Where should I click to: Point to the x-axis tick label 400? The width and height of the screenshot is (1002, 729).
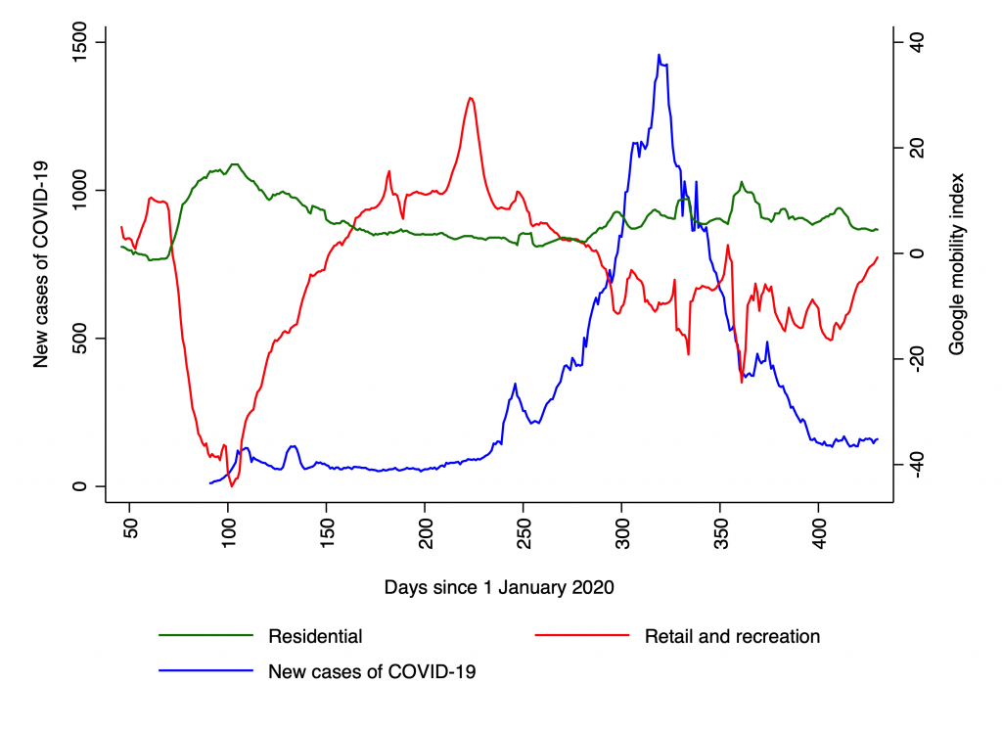coord(820,531)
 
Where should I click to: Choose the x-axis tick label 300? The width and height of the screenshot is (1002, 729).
coord(622,531)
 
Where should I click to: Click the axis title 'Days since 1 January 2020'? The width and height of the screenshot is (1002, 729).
coord(499,587)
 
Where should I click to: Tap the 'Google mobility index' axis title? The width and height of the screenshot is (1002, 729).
coord(958,264)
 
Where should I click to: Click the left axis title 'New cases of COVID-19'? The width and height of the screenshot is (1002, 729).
coord(41,264)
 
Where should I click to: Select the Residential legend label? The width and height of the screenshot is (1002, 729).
coord(315,636)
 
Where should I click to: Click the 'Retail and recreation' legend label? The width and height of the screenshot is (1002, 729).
coord(732,636)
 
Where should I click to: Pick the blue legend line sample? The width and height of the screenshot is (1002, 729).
coord(205,671)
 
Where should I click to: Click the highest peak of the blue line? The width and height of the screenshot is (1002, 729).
coord(659,55)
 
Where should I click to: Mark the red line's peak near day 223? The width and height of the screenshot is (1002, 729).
coord(471,98)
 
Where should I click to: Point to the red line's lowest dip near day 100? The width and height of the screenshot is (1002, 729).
coord(232,485)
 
